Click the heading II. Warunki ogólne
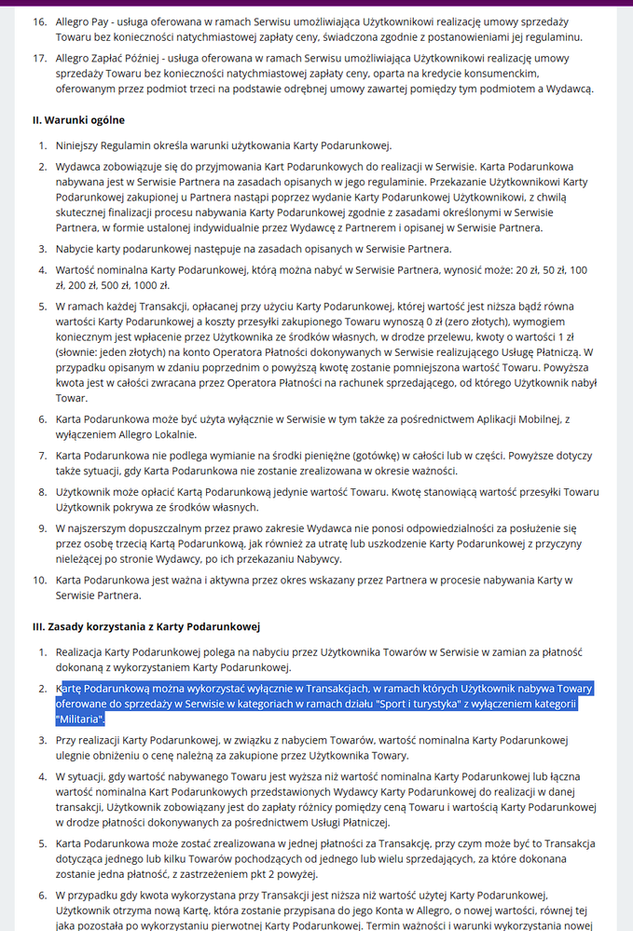(x=78, y=120)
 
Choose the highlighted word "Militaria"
(x=80, y=719)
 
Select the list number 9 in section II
(x=42, y=527)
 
